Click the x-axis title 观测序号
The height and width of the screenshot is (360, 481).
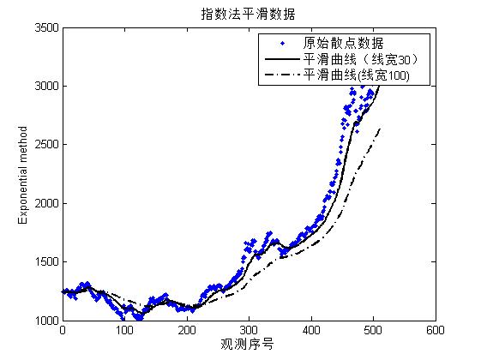[x=249, y=345]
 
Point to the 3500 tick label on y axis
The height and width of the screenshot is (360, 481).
[x=44, y=28]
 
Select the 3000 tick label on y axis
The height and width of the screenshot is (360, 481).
[x=44, y=87]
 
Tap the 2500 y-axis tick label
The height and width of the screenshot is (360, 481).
[x=44, y=145]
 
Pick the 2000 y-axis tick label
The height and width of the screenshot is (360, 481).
[x=44, y=204]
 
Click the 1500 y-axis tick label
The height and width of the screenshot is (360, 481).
[x=44, y=262]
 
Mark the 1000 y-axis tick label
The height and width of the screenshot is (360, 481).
[x=44, y=321]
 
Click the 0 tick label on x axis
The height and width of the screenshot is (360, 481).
[x=63, y=331]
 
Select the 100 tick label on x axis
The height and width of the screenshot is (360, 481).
[x=124, y=331]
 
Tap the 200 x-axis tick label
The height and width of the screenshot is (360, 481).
[x=187, y=331]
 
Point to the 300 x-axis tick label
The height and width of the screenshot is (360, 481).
[x=249, y=331]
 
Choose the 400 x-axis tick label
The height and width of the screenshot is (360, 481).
[x=311, y=331]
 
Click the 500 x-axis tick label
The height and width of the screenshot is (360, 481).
[x=373, y=331]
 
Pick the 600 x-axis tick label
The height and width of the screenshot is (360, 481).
[x=435, y=331]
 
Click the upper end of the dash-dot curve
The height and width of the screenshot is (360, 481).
[x=380, y=129]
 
